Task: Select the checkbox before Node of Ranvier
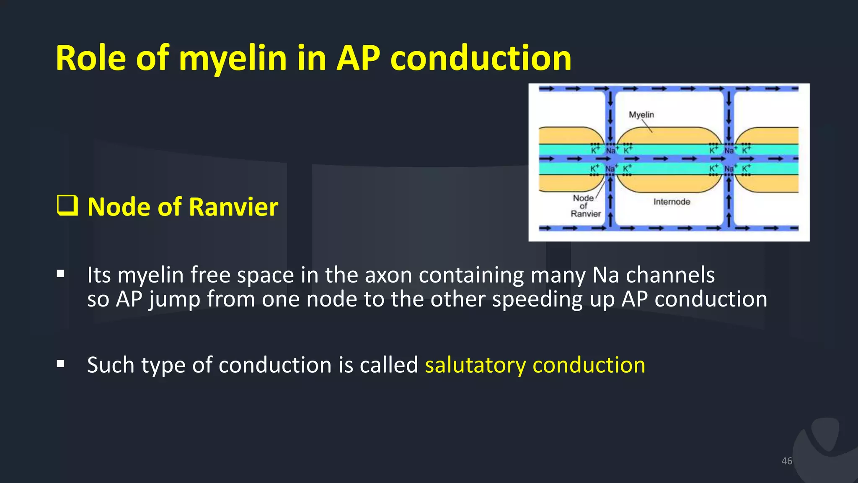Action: tap(67, 205)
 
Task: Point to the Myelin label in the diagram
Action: tap(641, 114)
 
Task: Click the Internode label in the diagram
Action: tap(672, 202)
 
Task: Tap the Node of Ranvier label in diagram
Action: tap(585, 206)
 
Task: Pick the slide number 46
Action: tap(786, 461)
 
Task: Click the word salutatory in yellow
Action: tap(475, 365)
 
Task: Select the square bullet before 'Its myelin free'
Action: tap(61, 274)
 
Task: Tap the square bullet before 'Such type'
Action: tap(61, 364)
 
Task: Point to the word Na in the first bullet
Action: tap(605, 275)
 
